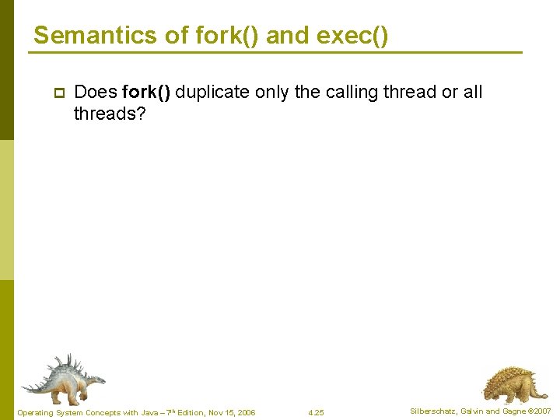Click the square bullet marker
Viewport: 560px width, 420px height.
tap(58, 93)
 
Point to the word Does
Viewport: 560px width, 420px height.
tap(95, 92)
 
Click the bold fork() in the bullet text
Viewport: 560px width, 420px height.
tap(147, 92)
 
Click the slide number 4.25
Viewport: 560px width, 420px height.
tap(316, 412)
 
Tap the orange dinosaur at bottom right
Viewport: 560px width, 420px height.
tap(509, 383)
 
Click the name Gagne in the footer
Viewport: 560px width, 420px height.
tap(513, 411)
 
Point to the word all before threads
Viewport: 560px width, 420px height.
tap(472, 92)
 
